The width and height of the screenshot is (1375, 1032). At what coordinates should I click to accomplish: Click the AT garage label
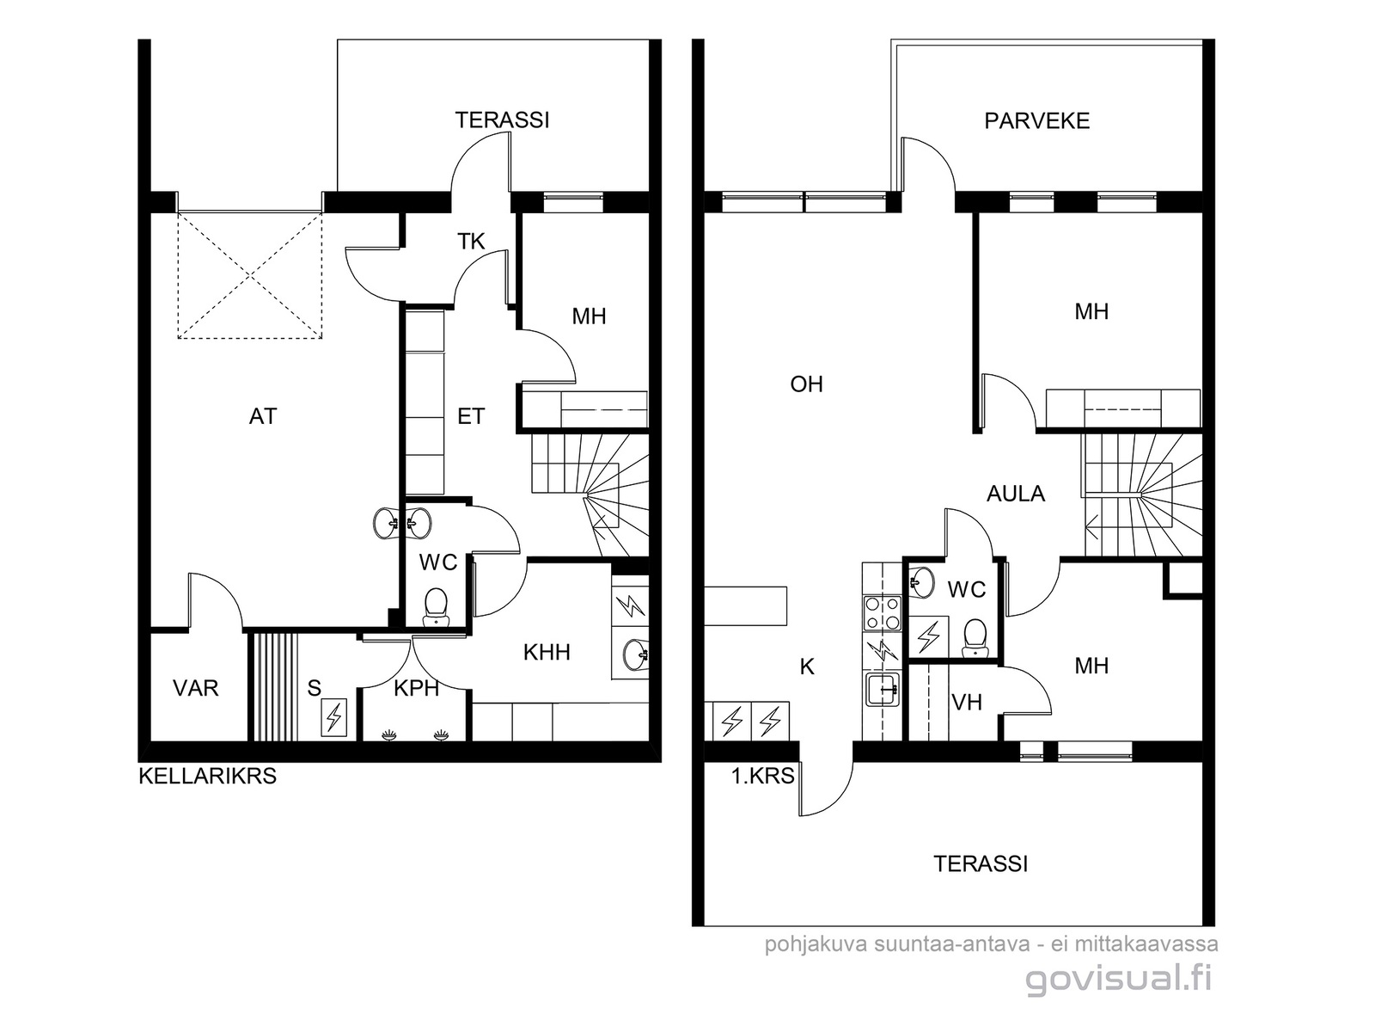coord(263,417)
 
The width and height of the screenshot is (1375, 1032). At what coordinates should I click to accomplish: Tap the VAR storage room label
coord(195,689)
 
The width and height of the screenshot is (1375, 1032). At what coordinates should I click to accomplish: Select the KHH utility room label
coord(547,653)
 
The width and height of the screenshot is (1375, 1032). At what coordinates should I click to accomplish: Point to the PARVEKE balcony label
coord(1036,121)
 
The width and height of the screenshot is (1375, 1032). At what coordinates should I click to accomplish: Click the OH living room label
coord(806,384)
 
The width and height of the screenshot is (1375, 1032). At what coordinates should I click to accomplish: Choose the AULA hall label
coord(1016,494)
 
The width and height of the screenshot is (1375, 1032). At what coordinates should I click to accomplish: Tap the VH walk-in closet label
coord(967,703)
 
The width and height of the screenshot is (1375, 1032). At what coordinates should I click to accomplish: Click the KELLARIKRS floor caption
coord(207,777)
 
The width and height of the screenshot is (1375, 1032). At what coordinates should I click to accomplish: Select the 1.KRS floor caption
coord(762,777)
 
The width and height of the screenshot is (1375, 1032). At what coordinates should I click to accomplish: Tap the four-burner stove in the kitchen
coord(882,613)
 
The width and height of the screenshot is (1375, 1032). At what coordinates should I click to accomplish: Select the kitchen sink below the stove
coord(882,689)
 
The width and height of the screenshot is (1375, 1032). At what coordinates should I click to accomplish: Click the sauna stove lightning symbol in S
coord(334,717)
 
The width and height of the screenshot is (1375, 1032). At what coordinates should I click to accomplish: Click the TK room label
coord(471,242)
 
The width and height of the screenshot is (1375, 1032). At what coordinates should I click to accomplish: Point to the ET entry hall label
coord(471,417)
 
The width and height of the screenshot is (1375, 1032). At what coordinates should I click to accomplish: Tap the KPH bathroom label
coord(417,689)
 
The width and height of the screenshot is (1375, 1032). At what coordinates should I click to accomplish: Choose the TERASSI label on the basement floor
coord(503,120)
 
